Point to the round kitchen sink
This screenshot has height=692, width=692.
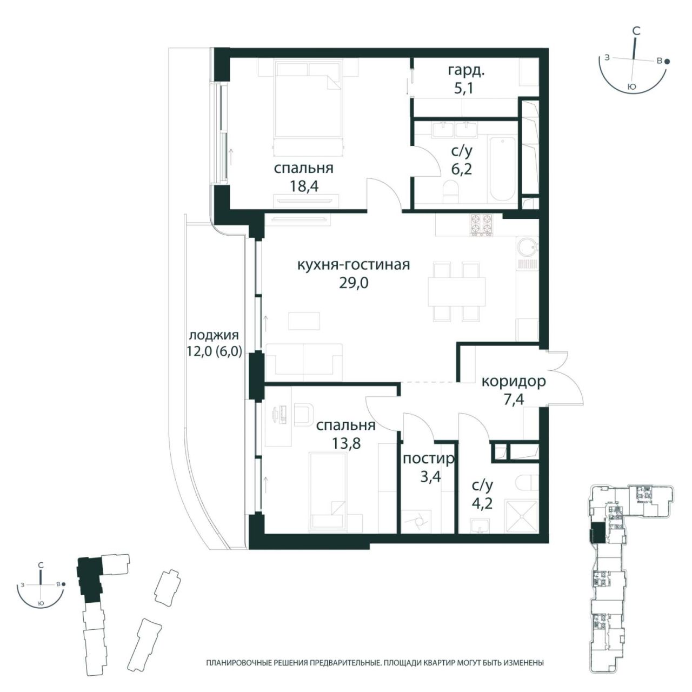pyautogui.click(x=527, y=247)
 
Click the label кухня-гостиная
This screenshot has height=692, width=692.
pyautogui.click(x=354, y=265)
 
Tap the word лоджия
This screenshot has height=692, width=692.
pyautogui.click(x=214, y=335)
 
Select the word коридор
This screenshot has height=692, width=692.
pyautogui.click(x=514, y=382)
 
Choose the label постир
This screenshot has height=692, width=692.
pyautogui.click(x=429, y=459)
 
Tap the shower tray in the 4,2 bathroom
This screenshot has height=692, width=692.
pyautogui.click(x=521, y=517)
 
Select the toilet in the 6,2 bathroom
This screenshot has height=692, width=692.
pyautogui.click(x=450, y=192)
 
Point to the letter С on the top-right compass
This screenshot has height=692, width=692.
pyautogui.click(x=636, y=31)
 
